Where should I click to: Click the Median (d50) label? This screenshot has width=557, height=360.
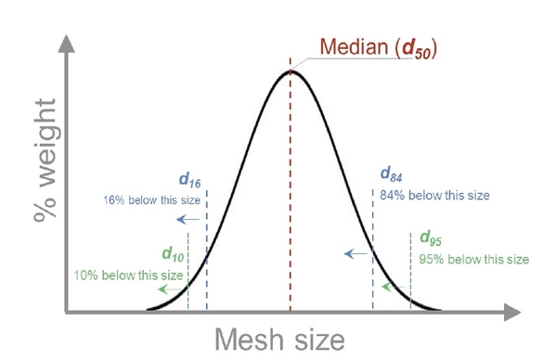(379, 46)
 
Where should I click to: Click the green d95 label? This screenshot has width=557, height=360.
(432, 238)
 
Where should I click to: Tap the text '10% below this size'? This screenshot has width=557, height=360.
(128, 274)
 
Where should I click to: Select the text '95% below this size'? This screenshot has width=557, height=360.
(474, 259)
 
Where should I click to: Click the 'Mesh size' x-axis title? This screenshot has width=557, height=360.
(280, 339)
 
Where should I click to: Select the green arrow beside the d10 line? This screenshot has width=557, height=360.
(168, 289)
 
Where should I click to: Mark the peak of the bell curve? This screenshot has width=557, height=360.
(291, 71)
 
